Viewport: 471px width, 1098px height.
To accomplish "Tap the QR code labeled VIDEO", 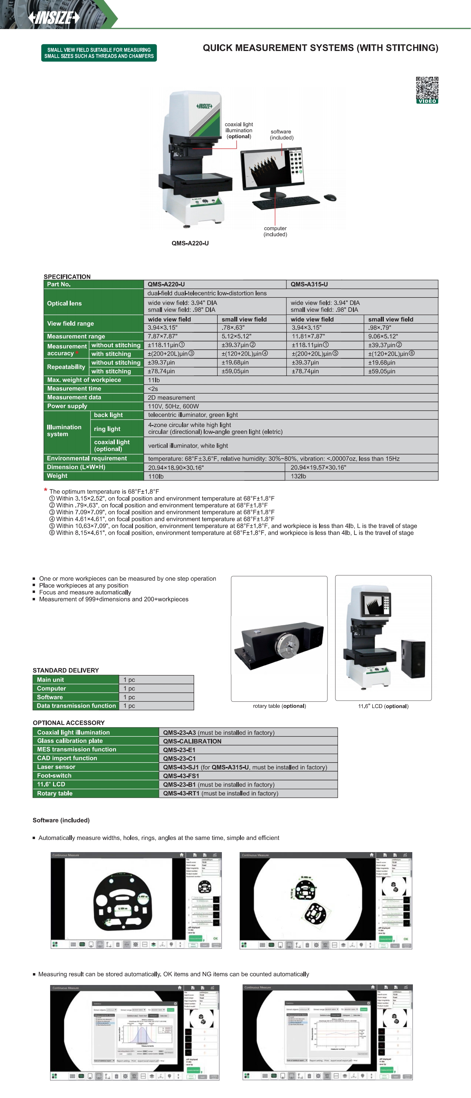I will [427, 90].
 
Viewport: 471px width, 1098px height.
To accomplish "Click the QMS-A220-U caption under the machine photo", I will [190, 244].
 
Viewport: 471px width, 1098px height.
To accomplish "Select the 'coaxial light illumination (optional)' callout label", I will [239, 131].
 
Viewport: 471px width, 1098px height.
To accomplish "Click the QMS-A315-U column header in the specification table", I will [309, 284].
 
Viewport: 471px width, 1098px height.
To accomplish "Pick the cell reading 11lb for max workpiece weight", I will [154, 380].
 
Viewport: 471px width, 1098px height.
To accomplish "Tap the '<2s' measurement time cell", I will [152, 389].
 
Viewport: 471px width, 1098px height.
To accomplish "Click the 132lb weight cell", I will [298, 476].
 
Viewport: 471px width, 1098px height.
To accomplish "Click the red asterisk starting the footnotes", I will [46, 490].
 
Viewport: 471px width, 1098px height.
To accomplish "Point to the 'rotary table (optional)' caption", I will [279, 706].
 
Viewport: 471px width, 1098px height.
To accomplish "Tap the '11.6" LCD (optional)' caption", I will [383, 706].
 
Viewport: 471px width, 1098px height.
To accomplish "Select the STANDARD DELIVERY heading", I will [66, 670].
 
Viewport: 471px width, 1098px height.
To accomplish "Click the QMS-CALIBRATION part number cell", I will [192, 741].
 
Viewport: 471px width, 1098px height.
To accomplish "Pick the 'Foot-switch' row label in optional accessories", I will [54, 775].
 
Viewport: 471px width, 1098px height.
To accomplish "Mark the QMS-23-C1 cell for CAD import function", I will [179, 758].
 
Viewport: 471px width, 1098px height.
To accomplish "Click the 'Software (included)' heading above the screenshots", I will [61, 820].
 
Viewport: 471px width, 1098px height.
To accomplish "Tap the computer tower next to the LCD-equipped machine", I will [413, 658].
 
